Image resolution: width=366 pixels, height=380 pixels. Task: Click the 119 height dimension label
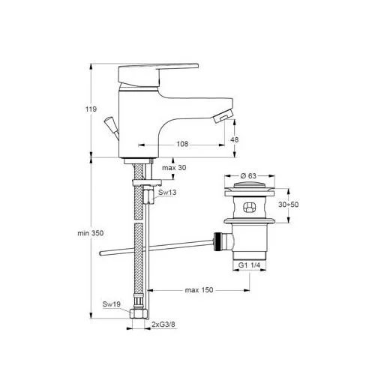(91, 109)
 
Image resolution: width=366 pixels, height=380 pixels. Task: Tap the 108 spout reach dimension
(182, 144)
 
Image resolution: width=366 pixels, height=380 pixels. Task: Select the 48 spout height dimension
(234, 139)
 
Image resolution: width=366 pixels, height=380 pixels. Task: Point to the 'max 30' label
(174, 168)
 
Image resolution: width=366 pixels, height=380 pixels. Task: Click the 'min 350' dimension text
(90, 233)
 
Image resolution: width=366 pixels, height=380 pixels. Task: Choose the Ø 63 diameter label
(248, 176)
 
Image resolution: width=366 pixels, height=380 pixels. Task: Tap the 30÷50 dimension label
(288, 205)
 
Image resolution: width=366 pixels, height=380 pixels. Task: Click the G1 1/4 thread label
(249, 265)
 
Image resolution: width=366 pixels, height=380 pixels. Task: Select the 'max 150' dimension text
(199, 290)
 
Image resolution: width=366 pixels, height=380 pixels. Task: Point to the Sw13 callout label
(167, 193)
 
